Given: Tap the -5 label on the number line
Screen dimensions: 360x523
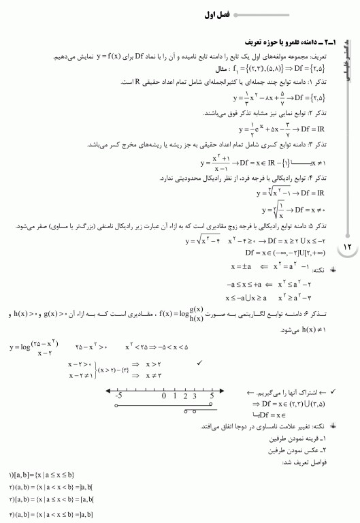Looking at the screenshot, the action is tap(118, 395).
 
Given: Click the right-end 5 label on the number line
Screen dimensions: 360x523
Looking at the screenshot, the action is tap(212, 395).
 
